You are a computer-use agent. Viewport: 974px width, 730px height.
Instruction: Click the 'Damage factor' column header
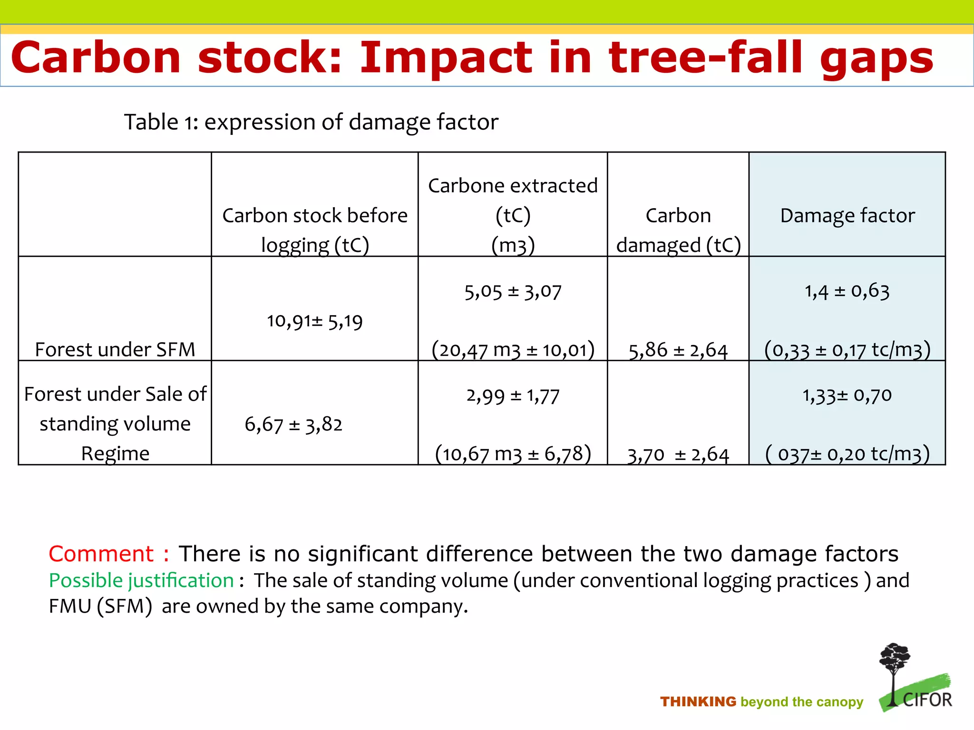click(x=847, y=216)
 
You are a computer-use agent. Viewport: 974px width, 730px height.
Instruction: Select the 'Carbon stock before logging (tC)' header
click(x=315, y=230)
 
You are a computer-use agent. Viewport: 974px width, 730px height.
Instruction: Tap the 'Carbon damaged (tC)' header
click(x=678, y=230)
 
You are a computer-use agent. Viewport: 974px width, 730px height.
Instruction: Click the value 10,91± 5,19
click(x=314, y=321)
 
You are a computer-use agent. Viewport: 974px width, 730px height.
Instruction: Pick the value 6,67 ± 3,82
click(x=293, y=424)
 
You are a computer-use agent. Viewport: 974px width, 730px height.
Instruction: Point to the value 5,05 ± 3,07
click(x=513, y=291)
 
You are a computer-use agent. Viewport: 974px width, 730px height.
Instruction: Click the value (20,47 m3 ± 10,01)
click(x=513, y=350)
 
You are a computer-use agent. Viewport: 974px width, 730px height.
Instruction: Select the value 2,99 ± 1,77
click(x=513, y=395)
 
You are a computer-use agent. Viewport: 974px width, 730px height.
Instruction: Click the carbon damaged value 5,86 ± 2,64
click(x=678, y=351)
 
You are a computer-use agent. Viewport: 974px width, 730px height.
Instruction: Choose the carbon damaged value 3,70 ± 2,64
click(x=678, y=455)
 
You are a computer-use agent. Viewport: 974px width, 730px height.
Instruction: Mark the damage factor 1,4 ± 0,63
click(x=847, y=291)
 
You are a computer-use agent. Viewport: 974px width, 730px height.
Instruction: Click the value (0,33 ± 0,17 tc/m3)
click(x=847, y=350)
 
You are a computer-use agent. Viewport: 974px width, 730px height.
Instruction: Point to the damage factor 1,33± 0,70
click(x=847, y=395)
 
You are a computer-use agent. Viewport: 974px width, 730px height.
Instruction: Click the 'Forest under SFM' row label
click(x=115, y=350)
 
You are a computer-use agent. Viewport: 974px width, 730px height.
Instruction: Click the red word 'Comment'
click(x=101, y=554)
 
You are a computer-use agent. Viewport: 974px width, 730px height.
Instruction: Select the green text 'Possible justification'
click(x=141, y=581)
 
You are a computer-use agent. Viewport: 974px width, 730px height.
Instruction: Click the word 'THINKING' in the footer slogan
click(x=698, y=702)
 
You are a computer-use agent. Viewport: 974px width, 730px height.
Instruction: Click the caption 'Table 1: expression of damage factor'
click(x=311, y=122)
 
